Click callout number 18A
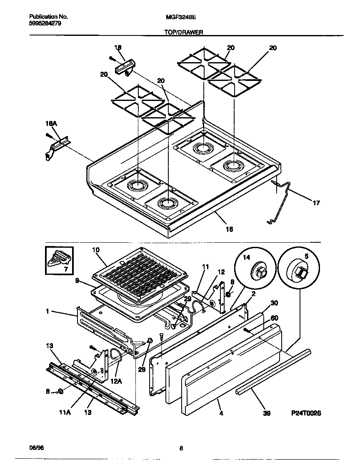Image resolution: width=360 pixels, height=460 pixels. (x=51, y=124)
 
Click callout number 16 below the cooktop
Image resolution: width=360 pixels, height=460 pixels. (x=229, y=229)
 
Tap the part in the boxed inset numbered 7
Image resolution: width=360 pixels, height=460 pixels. (x=58, y=261)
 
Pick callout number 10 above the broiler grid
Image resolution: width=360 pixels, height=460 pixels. (x=96, y=250)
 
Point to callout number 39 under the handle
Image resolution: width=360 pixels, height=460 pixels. (x=267, y=413)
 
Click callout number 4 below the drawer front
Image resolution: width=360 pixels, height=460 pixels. (x=221, y=413)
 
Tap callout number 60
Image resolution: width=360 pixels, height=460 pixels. (x=274, y=318)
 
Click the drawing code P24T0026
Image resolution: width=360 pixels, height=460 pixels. (x=306, y=413)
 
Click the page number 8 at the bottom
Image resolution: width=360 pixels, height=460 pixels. (x=181, y=449)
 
